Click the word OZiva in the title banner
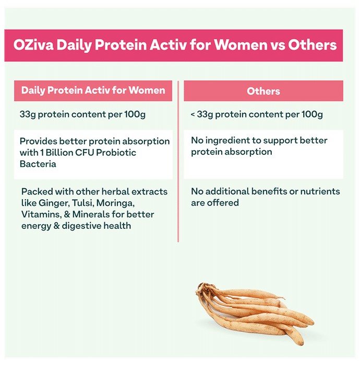coord(33,44)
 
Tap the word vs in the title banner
coord(278,45)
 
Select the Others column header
coord(263,91)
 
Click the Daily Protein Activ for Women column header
coord(93,91)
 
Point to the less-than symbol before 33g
coord(193,115)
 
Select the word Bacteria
coord(38,164)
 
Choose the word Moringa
coord(115,203)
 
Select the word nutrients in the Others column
coord(320,191)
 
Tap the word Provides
coord(39,141)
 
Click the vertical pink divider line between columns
coord(178,162)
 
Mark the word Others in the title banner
coord(313,45)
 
